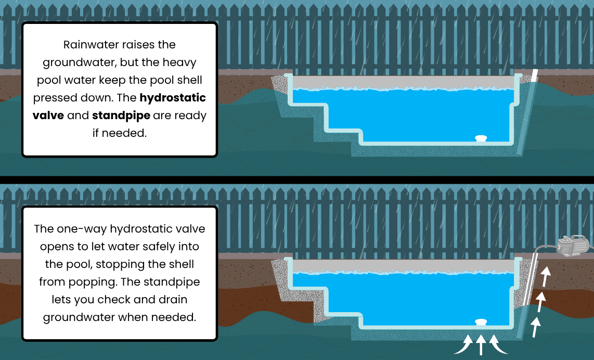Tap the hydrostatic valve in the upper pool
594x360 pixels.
click(x=482, y=138)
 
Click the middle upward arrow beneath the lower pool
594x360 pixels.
click(x=481, y=345)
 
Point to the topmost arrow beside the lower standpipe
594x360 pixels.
click(x=545, y=276)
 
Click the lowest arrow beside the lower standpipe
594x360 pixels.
click(x=536, y=327)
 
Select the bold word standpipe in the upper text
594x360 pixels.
click(x=121, y=115)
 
